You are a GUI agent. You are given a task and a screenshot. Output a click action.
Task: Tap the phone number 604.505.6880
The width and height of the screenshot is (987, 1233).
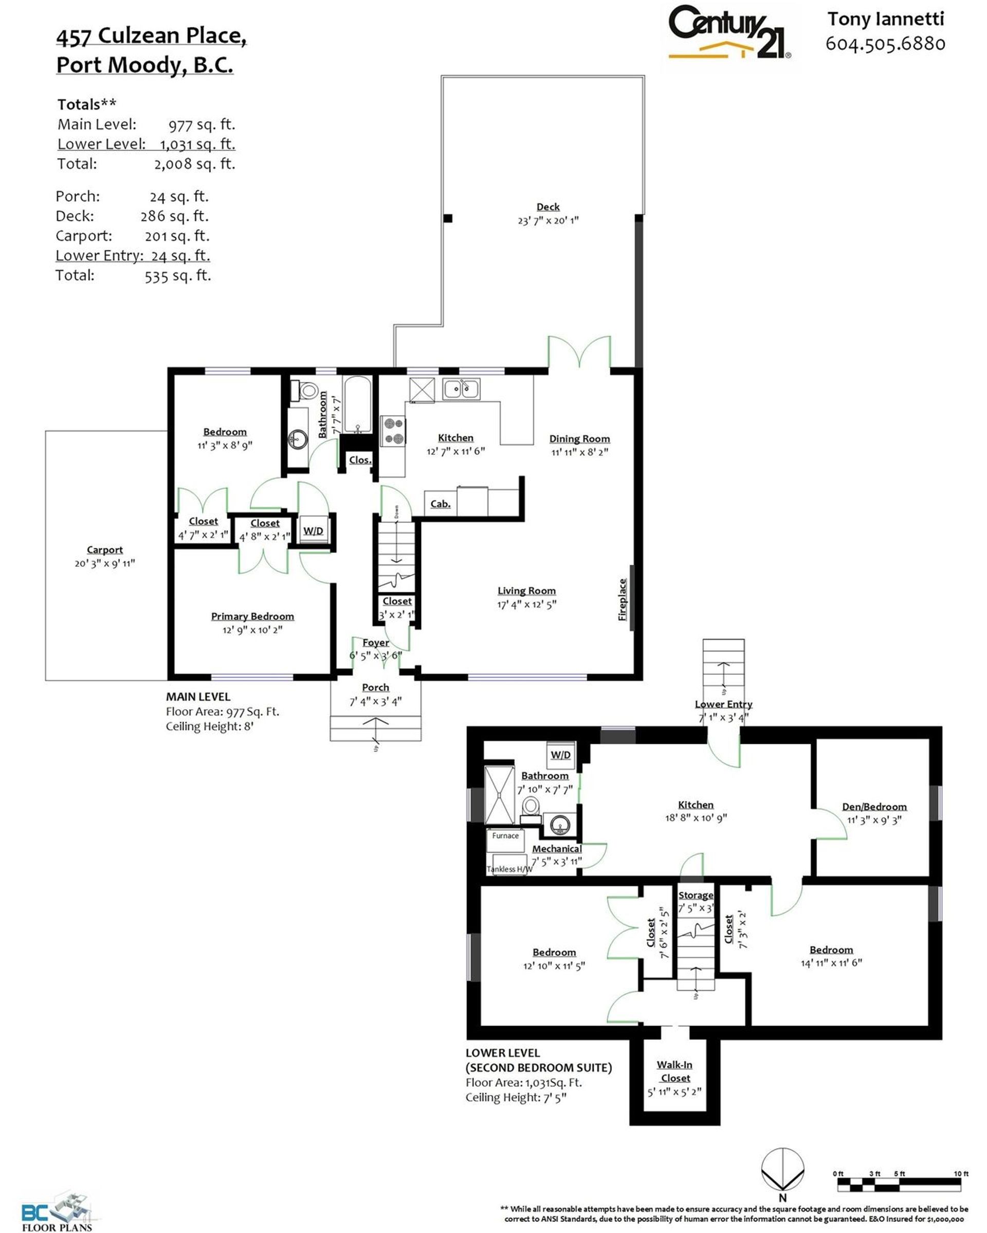pyautogui.click(x=885, y=43)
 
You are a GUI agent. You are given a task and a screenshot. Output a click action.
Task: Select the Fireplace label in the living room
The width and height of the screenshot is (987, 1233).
pyautogui.click(x=623, y=599)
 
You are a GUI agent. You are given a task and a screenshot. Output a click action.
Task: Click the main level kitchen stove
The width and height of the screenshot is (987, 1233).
pyautogui.click(x=393, y=431)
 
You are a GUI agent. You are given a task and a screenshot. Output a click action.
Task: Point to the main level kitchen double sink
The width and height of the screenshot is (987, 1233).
pyautogui.click(x=461, y=389)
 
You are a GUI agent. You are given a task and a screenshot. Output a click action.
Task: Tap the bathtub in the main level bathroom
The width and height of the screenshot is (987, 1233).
pyautogui.click(x=358, y=404)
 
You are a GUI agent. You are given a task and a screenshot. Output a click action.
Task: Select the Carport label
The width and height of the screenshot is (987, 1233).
pyautogui.click(x=104, y=549)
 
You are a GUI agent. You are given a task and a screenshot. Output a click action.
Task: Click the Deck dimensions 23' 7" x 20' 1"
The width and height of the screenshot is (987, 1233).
pyautogui.click(x=548, y=220)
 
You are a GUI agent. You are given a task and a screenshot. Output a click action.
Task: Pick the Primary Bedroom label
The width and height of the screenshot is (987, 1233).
pyautogui.click(x=252, y=616)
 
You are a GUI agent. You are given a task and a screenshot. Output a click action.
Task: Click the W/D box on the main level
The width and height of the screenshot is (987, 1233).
pyautogui.click(x=313, y=531)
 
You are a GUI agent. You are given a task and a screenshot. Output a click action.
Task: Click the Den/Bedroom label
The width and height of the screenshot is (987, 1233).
pyautogui.click(x=874, y=807)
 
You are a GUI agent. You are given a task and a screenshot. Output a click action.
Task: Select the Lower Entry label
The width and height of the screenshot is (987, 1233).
pyautogui.click(x=723, y=704)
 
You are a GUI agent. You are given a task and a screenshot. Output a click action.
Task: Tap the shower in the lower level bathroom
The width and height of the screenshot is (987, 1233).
pyautogui.click(x=499, y=795)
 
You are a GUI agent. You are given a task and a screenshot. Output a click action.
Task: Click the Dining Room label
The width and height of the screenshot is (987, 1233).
pyautogui.click(x=579, y=439)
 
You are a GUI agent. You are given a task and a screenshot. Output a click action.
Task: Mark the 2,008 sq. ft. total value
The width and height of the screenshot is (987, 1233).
pyautogui.click(x=194, y=164)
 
